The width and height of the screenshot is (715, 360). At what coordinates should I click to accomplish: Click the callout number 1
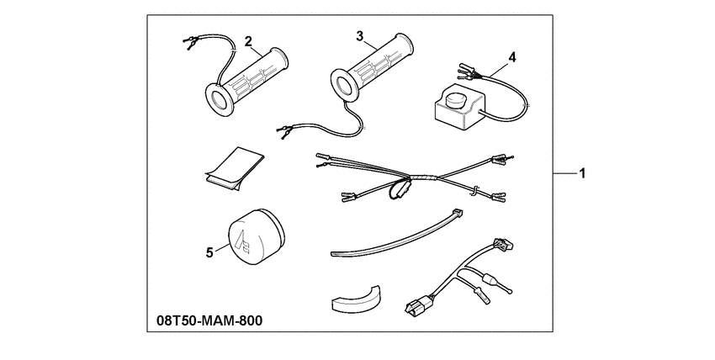[582, 173]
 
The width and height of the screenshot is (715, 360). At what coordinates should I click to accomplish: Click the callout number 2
[248, 41]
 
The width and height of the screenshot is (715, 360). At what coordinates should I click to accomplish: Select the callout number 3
[360, 36]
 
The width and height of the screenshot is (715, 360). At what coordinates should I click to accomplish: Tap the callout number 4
[512, 58]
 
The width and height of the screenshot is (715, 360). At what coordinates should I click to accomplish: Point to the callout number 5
[209, 252]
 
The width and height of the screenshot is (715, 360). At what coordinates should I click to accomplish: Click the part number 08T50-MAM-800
[209, 320]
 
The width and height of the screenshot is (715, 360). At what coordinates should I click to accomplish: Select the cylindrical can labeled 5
[256, 236]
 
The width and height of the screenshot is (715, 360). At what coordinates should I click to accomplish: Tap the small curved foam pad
[355, 299]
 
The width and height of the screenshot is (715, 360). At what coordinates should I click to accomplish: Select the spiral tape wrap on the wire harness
[424, 177]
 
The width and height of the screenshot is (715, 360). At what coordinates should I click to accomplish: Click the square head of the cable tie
[458, 212]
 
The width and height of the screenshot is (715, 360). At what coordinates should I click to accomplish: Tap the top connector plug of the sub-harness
[502, 245]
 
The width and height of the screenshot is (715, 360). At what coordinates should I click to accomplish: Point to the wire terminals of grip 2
[189, 42]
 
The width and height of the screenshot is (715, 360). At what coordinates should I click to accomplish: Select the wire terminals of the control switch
[467, 70]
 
